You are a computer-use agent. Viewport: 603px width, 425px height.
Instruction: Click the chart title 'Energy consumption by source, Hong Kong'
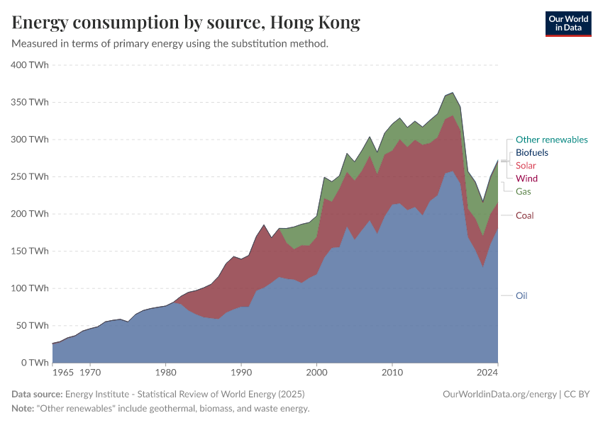pyautogui.click(x=186, y=23)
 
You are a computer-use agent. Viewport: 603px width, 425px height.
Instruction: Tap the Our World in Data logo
pyautogui.click(x=568, y=23)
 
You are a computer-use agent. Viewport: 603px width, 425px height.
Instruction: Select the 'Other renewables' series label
pyautogui.click(x=551, y=140)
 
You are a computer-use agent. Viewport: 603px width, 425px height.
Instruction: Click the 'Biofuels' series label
pyautogui.click(x=531, y=152)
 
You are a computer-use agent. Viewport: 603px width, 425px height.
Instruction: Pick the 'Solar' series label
pyautogui.click(x=526, y=165)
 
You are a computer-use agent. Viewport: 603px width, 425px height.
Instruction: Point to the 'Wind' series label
pyautogui.click(x=526, y=178)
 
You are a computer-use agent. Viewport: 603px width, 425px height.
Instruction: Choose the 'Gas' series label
pyautogui.click(x=523, y=191)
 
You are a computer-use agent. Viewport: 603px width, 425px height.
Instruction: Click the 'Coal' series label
pyautogui.click(x=524, y=215)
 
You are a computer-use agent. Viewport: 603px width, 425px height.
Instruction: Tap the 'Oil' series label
pyautogui.click(x=521, y=295)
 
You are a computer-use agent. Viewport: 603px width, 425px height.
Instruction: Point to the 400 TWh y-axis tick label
pyautogui.click(x=30, y=64)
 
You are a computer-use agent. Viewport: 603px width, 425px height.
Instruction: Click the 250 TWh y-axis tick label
pyautogui.click(x=30, y=176)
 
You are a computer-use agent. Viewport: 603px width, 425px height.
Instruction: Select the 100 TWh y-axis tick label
pyautogui.click(x=30, y=288)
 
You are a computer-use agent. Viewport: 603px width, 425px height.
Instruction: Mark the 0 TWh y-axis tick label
pyautogui.click(x=34, y=363)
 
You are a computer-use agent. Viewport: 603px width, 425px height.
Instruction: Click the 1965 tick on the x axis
pyautogui.click(x=62, y=371)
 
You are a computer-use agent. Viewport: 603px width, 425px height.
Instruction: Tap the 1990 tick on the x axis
pyautogui.click(x=241, y=371)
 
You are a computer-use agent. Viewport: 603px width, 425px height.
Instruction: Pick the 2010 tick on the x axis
pyautogui.click(x=392, y=371)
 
